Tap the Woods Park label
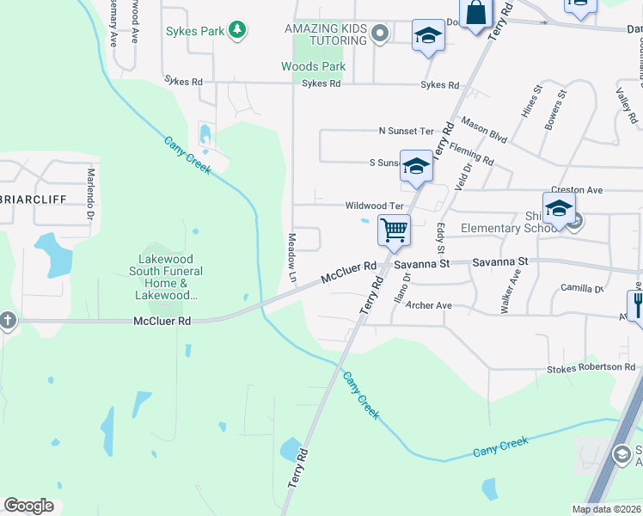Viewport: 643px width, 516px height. click(313, 66)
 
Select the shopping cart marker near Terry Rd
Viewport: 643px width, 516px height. click(394, 230)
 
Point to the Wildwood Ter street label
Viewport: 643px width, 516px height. click(374, 206)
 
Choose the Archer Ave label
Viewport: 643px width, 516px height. click(428, 305)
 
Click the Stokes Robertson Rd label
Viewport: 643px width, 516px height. click(591, 368)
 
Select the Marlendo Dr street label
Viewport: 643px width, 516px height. click(89, 193)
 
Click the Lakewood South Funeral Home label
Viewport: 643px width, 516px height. click(166, 277)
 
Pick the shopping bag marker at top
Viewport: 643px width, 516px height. click(475, 13)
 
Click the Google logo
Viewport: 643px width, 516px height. click(29, 506)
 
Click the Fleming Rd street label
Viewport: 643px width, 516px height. click(471, 154)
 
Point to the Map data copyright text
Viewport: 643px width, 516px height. click(605, 509)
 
